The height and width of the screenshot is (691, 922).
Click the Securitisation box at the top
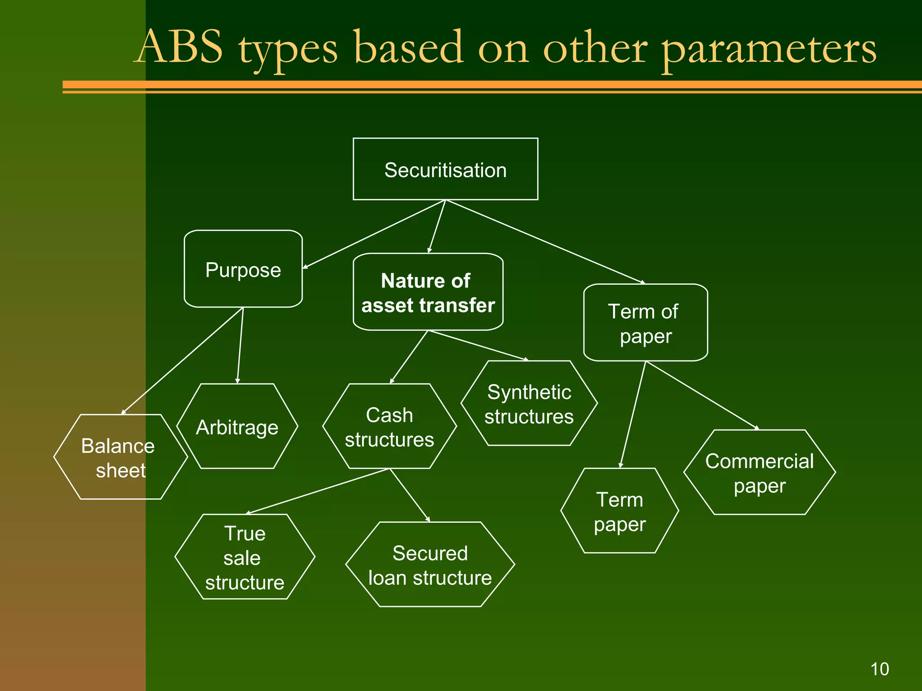pos(445,169)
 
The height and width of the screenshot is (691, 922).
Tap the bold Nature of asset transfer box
pos(428,292)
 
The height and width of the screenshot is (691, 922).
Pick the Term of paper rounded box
pos(645,323)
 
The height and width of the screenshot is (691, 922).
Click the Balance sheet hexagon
pos(120,457)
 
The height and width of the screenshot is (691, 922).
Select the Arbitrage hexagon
pos(237,426)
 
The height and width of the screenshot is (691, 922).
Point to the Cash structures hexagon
pos(389,426)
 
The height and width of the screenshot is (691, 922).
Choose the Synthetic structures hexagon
pos(529,404)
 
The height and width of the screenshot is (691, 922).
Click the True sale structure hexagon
pos(244,557)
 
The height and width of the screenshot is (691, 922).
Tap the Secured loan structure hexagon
pos(430,565)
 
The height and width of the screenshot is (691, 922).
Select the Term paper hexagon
pos(619,511)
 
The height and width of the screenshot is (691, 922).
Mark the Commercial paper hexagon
pos(759,472)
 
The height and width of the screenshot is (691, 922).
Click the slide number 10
pos(879,669)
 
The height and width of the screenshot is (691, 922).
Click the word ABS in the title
pos(180,47)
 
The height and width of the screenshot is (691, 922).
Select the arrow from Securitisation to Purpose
pos(374,234)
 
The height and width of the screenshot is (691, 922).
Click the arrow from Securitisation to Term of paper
pos(545,242)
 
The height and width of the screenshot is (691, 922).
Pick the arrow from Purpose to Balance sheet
pos(182,360)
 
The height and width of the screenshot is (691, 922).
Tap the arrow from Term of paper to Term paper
pos(633,414)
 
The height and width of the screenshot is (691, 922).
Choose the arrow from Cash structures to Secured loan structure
pos(410,495)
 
